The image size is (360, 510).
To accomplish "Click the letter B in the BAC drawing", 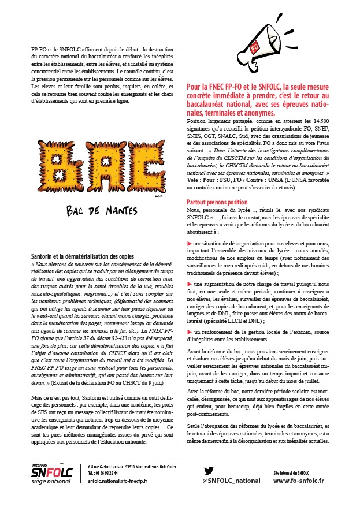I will [x=56, y=171].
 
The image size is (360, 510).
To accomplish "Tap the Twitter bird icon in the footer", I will [x=209, y=470].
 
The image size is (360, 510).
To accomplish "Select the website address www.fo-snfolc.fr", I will [x=298, y=481].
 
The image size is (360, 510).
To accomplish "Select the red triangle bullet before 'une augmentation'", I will [x=189, y=285].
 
